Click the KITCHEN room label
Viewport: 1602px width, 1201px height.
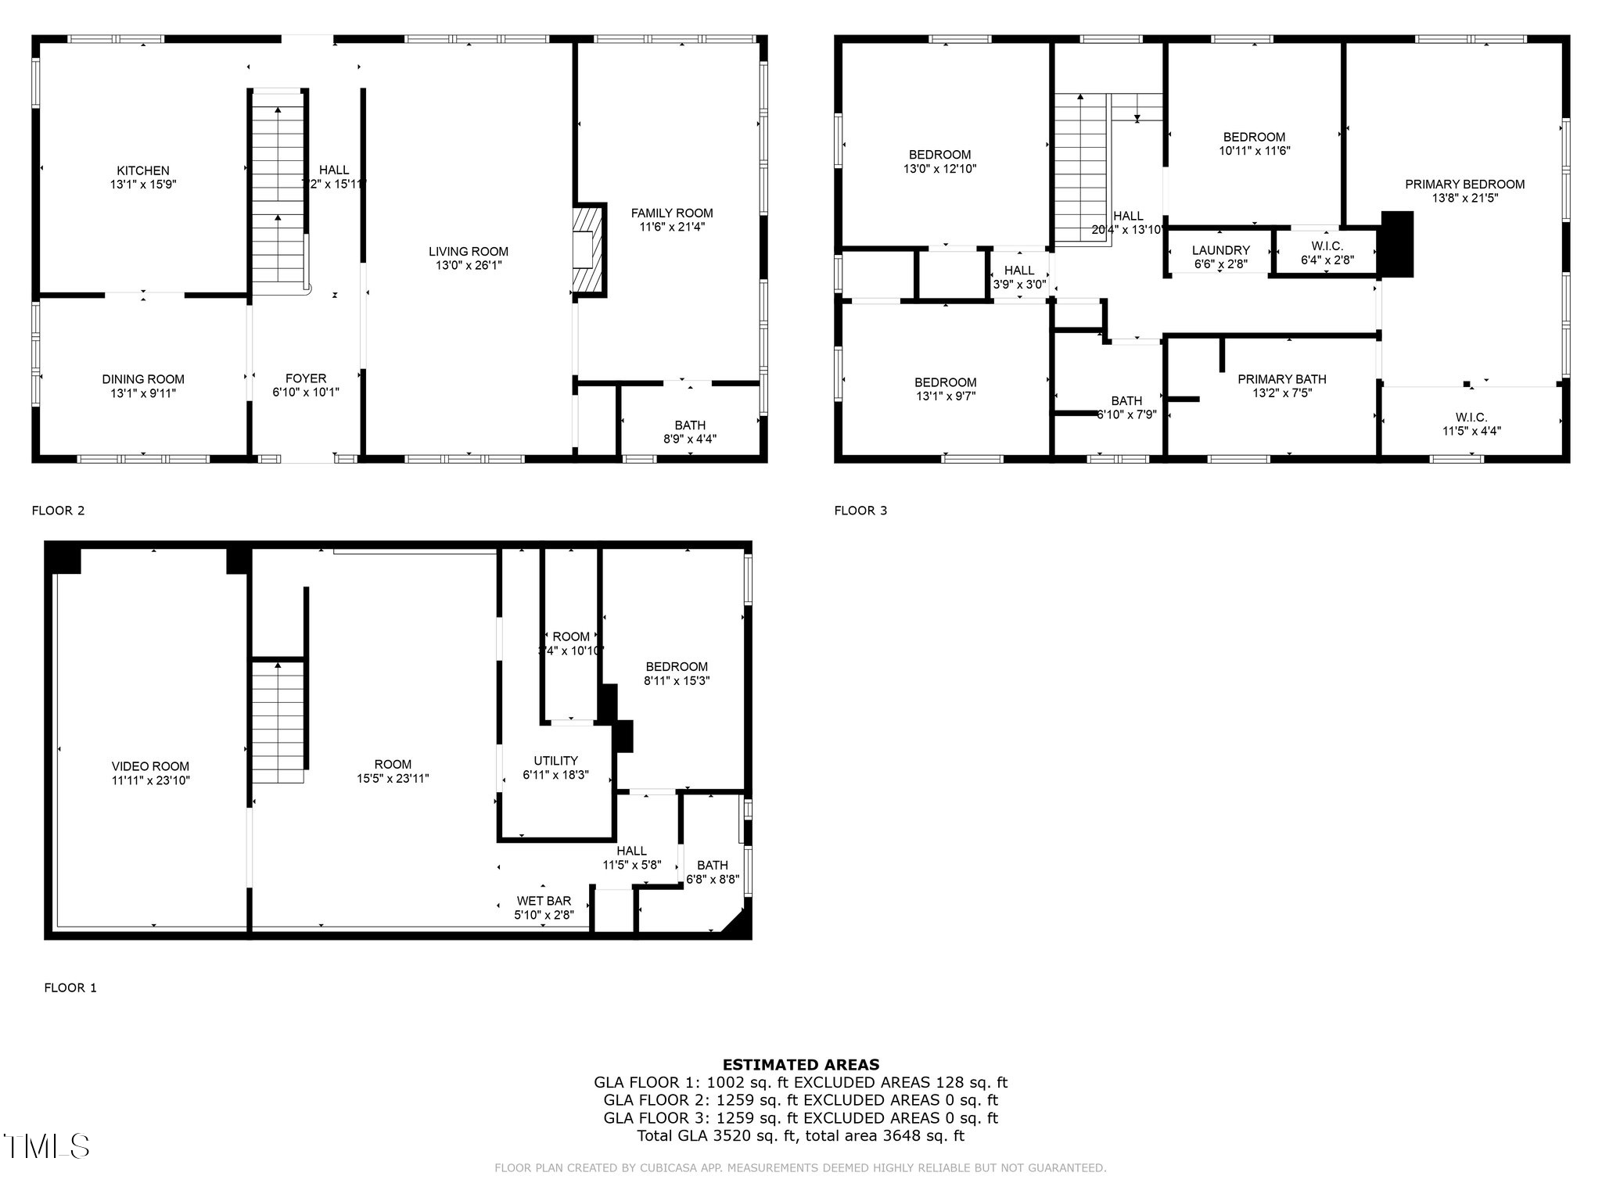point(143,170)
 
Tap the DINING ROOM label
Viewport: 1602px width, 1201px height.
point(143,379)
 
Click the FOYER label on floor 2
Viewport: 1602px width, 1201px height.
point(306,378)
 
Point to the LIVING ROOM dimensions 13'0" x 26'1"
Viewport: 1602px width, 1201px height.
point(469,265)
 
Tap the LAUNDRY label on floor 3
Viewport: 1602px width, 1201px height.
point(1220,250)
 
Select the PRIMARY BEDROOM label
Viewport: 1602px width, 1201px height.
point(1464,185)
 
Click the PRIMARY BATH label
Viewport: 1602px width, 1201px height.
point(1281,379)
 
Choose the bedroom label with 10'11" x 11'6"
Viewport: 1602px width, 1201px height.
point(1254,137)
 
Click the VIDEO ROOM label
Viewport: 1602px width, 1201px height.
point(150,766)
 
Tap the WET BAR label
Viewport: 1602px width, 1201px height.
point(544,901)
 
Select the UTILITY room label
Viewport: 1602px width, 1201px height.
point(555,761)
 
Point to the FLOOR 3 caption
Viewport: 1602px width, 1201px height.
point(860,511)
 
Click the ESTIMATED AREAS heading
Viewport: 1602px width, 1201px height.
point(800,1064)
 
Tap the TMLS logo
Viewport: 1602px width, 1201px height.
point(46,1146)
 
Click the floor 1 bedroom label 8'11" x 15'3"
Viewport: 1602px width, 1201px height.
point(677,667)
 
